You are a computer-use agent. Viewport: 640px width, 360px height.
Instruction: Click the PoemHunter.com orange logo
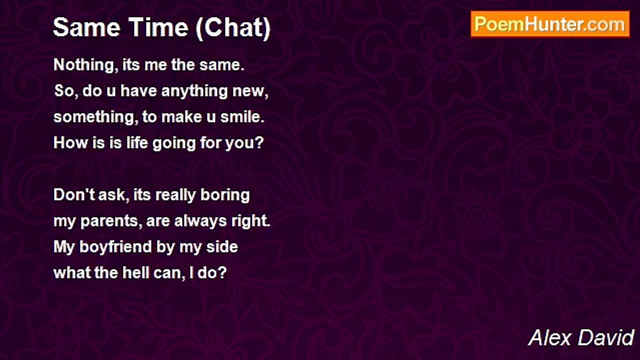[550, 24]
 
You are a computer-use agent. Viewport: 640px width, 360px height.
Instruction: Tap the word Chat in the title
[233, 27]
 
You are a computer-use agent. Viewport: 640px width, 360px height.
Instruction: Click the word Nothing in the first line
[85, 65]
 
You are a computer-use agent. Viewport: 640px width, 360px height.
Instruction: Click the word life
[137, 142]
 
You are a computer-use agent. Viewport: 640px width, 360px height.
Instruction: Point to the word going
[174, 143]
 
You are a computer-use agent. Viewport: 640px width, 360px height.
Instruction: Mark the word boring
[225, 195]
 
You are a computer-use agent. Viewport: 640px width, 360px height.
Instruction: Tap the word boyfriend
[115, 247]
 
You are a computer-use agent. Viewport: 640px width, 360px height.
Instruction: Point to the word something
[93, 117]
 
